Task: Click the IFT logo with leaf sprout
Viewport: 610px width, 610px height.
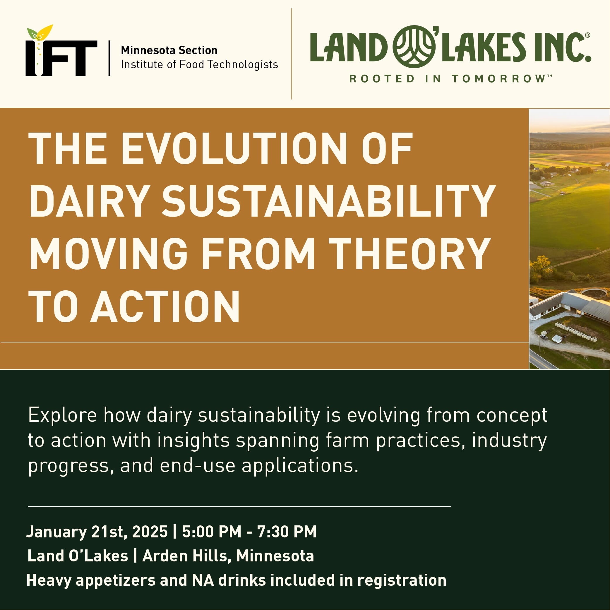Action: pyautogui.click(x=61, y=51)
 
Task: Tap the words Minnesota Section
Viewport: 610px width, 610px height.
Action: pyautogui.click(x=169, y=50)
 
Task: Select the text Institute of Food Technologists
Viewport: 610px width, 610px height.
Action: pyautogui.click(x=199, y=64)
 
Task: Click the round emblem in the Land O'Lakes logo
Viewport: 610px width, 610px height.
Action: pyautogui.click(x=414, y=47)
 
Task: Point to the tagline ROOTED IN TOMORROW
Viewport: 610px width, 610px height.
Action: pyautogui.click(x=450, y=78)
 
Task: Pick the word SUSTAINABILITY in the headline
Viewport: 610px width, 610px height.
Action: pyautogui.click(x=329, y=201)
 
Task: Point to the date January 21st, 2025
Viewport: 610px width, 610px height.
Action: pyautogui.click(x=97, y=532)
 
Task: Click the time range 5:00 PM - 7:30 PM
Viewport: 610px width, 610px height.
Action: pyautogui.click(x=249, y=531)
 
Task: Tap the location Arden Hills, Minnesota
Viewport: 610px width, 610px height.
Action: pyautogui.click(x=228, y=556)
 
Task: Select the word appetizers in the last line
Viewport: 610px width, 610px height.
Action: pyautogui.click(x=116, y=580)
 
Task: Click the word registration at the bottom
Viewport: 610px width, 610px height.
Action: pyautogui.click(x=402, y=580)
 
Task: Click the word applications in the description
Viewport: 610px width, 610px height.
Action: pyautogui.click(x=300, y=466)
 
